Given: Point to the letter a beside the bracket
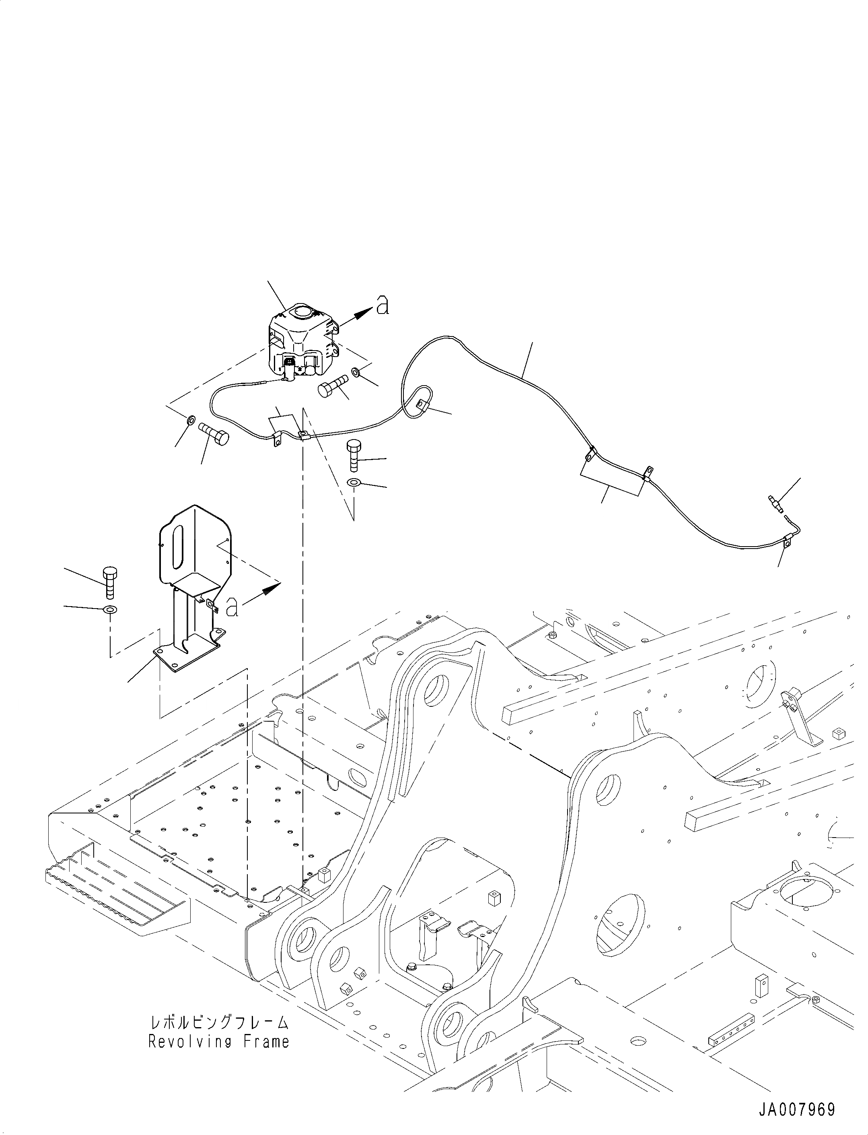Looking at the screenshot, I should pyautogui.click(x=232, y=607).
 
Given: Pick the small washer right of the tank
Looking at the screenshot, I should pyautogui.click(x=356, y=371).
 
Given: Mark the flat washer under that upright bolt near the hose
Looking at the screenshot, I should pyautogui.click(x=354, y=483).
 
